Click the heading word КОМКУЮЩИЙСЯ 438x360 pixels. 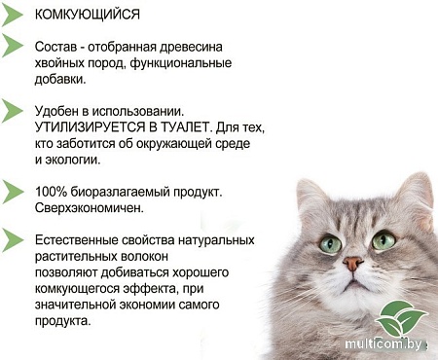[x=87, y=16]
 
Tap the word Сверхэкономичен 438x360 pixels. [x=90, y=208]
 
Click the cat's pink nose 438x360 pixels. [x=352, y=263]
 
